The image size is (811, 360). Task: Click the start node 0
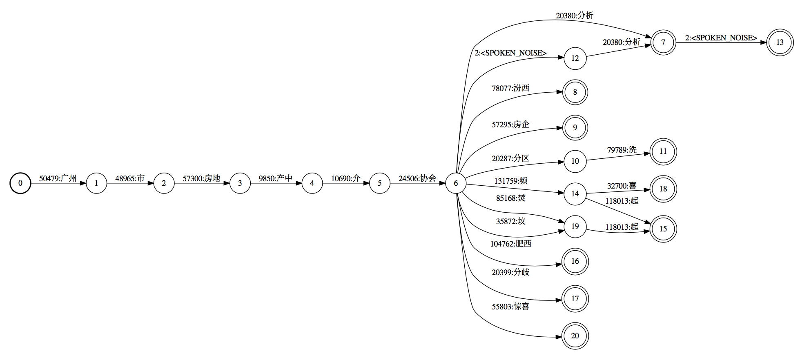[x=20, y=183]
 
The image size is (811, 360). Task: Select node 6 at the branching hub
[x=456, y=183]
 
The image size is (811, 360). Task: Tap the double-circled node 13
[x=780, y=42]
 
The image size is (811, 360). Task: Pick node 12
[x=575, y=58]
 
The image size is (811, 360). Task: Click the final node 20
[x=575, y=336]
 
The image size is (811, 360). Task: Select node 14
[x=575, y=194]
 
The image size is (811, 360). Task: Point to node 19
[x=575, y=227]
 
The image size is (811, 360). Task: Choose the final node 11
[x=663, y=151]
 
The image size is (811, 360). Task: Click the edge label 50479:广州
[x=58, y=178]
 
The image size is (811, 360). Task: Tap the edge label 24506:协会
[x=417, y=178]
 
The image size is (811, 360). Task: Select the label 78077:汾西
[x=510, y=88]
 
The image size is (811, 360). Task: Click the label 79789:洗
[x=622, y=150]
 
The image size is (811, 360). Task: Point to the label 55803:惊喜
[x=510, y=307]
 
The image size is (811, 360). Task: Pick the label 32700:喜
[x=622, y=186]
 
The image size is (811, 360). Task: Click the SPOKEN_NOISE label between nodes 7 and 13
[x=721, y=38]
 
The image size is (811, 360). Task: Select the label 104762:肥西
[x=510, y=244]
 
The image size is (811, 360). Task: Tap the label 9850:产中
[x=276, y=178]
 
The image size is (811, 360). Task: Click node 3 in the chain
[x=240, y=183]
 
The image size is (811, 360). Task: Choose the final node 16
[x=575, y=261]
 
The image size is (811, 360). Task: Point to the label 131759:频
[x=510, y=181]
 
